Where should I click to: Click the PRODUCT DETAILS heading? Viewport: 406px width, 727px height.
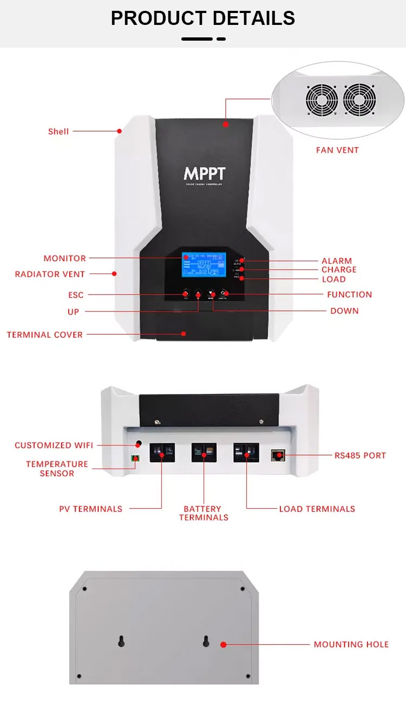[x=203, y=18]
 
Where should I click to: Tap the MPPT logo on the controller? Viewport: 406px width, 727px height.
[x=204, y=173]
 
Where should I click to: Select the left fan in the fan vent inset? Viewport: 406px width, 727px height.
[x=322, y=100]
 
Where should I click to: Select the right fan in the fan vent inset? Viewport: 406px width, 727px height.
[x=359, y=100]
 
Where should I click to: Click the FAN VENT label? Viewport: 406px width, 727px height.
[x=337, y=150]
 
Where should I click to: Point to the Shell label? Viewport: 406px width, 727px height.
[x=58, y=131]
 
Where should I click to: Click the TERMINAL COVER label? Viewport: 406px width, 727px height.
[x=45, y=335]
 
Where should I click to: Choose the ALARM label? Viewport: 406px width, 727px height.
[x=337, y=261]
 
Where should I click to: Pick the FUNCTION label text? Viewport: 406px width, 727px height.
[x=349, y=295]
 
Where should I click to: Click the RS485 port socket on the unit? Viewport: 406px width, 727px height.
[x=279, y=455]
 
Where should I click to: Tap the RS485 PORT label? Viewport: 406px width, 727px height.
[x=360, y=455]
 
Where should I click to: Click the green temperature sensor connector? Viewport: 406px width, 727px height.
[x=134, y=459]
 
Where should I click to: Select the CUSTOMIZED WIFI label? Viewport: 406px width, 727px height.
[x=54, y=445]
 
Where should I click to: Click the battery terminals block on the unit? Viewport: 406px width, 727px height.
[x=204, y=453]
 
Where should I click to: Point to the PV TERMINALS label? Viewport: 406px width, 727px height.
[x=90, y=509]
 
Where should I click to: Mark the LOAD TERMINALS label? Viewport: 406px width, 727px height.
[x=317, y=509]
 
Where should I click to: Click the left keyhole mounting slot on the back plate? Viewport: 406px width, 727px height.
[x=121, y=641]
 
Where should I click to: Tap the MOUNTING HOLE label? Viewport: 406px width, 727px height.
[x=351, y=644]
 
